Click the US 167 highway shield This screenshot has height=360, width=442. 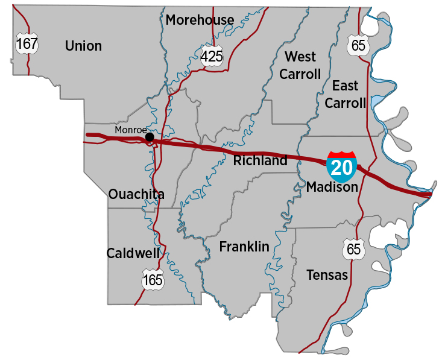point(27,43)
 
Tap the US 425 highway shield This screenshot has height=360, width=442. point(212,57)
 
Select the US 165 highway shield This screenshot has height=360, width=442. point(153,280)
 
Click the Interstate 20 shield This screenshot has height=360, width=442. point(341,167)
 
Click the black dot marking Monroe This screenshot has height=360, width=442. point(150,137)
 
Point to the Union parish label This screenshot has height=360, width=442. point(83,46)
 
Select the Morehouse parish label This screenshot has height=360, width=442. point(200,20)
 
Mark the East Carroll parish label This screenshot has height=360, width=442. point(345,94)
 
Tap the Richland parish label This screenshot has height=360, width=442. point(260,161)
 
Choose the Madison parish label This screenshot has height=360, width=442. point(332,188)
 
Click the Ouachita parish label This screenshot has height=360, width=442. point(136,194)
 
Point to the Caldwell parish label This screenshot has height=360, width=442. point(133,253)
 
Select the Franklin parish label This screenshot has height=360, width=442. point(244,247)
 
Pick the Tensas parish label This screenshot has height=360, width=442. point(327,275)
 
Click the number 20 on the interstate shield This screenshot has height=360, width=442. point(341,169)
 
